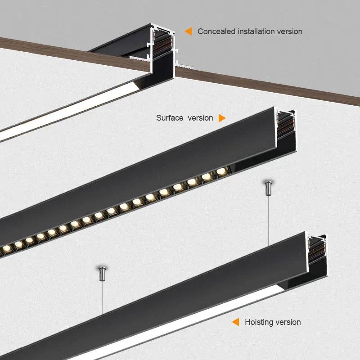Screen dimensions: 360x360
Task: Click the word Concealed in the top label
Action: click(213, 31)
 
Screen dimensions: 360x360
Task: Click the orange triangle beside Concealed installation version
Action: click(189, 31)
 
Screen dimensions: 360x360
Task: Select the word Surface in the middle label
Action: click(170, 118)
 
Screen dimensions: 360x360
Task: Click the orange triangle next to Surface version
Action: click(221, 118)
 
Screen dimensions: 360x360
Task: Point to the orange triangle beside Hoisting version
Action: click(235, 322)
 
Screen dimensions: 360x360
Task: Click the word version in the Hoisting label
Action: click(289, 322)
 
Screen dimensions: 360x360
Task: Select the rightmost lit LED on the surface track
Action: click(220, 171)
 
